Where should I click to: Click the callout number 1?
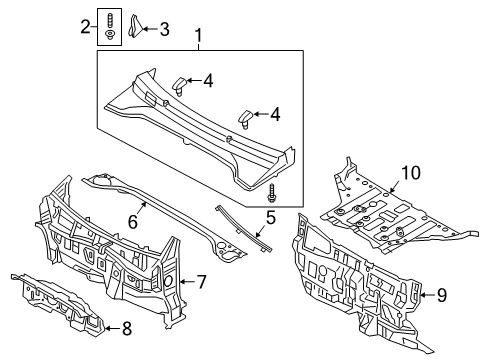(198, 39)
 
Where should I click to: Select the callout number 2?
(85, 28)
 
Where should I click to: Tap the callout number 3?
(164, 28)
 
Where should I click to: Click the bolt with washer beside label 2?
(109, 27)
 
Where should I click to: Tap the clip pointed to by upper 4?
(182, 84)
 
